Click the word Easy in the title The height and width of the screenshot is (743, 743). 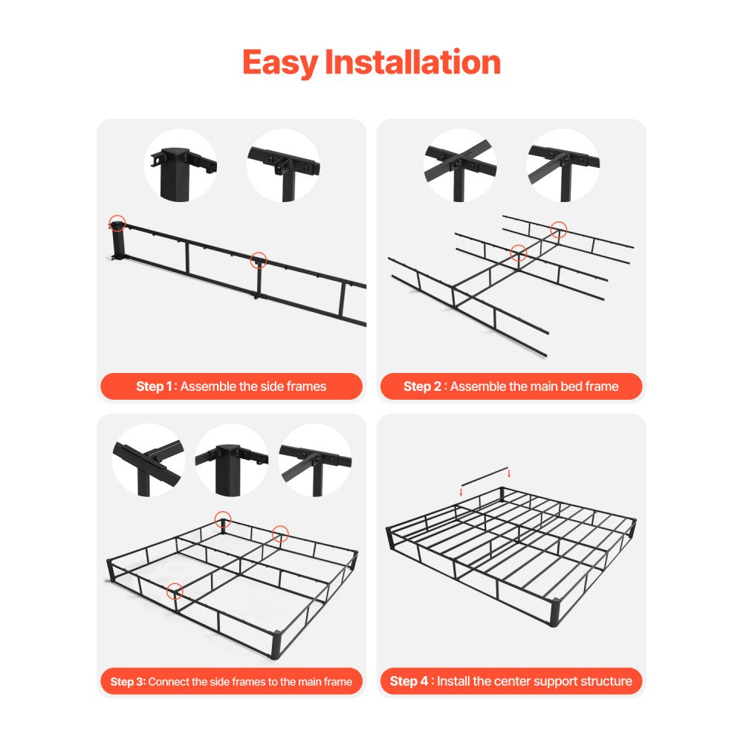tap(280, 62)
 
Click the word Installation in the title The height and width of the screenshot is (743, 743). tap(412, 62)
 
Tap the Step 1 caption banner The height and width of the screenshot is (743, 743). tap(231, 386)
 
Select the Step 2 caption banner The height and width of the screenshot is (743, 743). tap(511, 386)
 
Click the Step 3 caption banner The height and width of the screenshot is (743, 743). tap(231, 681)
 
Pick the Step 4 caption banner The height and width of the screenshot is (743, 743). tap(511, 681)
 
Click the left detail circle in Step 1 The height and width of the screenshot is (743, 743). tap(180, 165)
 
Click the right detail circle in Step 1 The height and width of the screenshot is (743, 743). tap(283, 165)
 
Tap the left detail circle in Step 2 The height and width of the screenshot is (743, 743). tap(460, 165)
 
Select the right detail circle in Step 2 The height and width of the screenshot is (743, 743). tap(563, 165)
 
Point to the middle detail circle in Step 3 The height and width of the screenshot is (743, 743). tap(231, 460)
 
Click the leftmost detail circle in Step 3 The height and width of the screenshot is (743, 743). tap(148, 460)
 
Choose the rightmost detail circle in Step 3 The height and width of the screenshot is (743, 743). tap(315, 460)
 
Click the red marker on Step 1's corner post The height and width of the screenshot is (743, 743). tap(117, 221)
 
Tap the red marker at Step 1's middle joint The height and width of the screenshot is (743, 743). tap(258, 260)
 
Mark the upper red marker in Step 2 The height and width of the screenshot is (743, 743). tap(559, 230)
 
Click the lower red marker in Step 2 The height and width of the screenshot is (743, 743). tap(519, 253)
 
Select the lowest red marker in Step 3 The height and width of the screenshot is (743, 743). tap(175, 591)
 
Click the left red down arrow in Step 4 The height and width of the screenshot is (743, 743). tap(461, 491)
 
